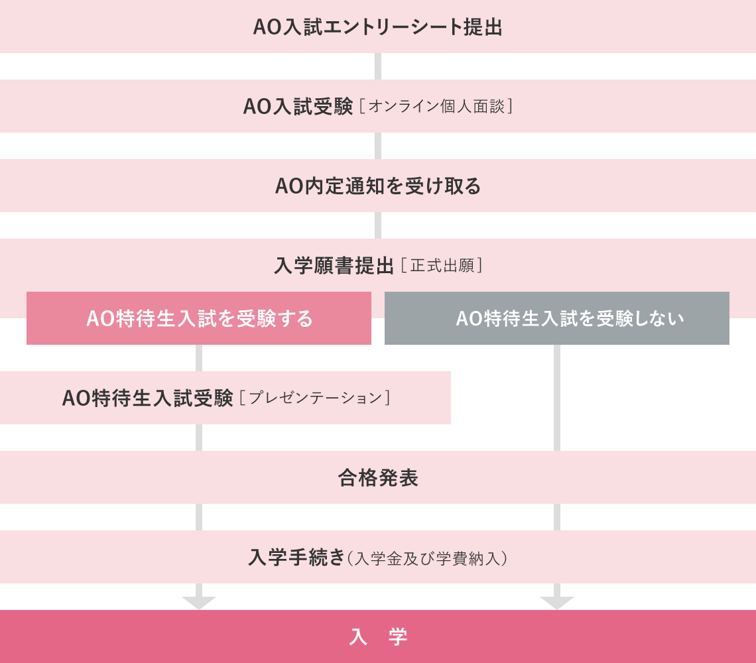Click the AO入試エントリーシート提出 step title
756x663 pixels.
tap(377, 27)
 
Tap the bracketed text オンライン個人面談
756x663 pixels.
tap(436, 107)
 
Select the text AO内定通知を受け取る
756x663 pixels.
tap(377, 186)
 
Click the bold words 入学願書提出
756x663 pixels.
tap(334, 266)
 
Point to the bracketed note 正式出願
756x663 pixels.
tap(441, 266)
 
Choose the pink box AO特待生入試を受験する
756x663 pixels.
tap(199, 318)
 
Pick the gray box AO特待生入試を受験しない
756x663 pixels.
tap(557, 318)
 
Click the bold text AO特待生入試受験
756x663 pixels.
tap(147, 398)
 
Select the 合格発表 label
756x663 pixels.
tap(377, 478)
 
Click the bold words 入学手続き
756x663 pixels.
tap(296, 558)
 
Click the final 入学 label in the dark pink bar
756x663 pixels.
tap(378, 637)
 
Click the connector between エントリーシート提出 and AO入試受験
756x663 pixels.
tap(378, 66)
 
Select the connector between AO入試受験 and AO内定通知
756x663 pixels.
tap(378, 146)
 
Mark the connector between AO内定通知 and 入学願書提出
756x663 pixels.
tap(378, 225)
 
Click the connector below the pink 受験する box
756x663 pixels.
tap(199, 358)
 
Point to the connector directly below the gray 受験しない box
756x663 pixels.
tap(557, 398)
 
